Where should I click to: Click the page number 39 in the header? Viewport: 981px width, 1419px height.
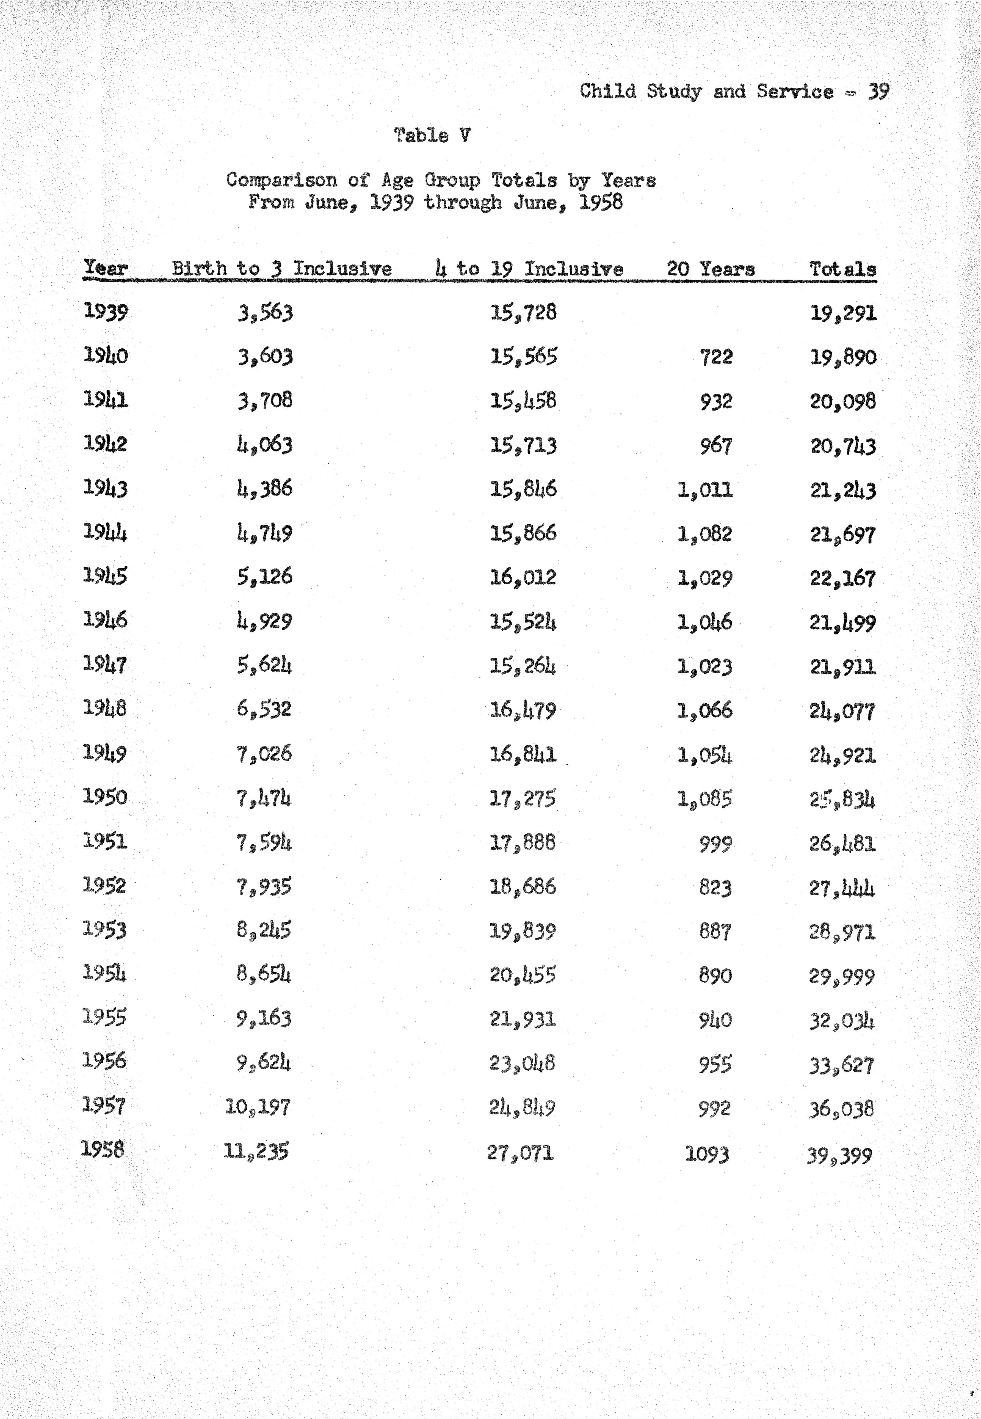click(878, 92)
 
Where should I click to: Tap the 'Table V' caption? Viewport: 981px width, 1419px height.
click(433, 135)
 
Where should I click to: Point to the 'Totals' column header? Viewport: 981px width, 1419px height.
click(843, 269)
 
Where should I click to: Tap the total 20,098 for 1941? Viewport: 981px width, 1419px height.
click(843, 401)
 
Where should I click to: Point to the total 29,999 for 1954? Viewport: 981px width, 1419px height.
click(841, 976)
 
